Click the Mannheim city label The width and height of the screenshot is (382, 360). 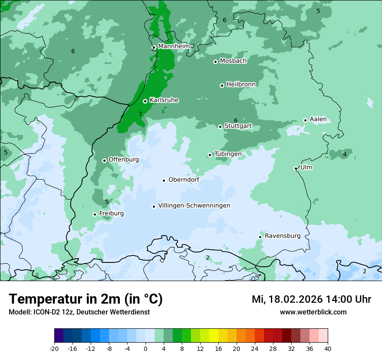pyautogui.click(x=174, y=46)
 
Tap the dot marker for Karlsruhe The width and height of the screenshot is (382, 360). pyautogui.click(x=145, y=101)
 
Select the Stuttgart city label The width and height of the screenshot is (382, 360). pyautogui.click(x=238, y=126)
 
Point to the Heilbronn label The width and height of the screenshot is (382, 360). pyautogui.click(x=241, y=85)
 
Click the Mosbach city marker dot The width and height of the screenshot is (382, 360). pyautogui.click(x=215, y=62)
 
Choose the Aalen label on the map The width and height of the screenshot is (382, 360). pyautogui.click(x=318, y=119)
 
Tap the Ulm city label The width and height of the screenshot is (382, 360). pyautogui.click(x=306, y=167)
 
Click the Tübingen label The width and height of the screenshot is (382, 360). pyautogui.click(x=228, y=154)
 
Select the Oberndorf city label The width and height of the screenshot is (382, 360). pyautogui.click(x=184, y=180)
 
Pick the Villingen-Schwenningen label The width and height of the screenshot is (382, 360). pyautogui.click(x=194, y=206)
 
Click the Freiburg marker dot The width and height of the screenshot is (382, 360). pyautogui.click(x=95, y=214)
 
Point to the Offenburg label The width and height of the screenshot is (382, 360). pyautogui.click(x=124, y=160)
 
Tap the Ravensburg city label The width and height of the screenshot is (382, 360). pyautogui.click(x=283, y=236)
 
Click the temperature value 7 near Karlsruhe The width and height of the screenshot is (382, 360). pyautogui.click(x=140, y=114)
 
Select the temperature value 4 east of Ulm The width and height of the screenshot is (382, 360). pyautogui.click(x=345, y=154)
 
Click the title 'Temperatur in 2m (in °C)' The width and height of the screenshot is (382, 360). pyautogui.click(x=86, y=299)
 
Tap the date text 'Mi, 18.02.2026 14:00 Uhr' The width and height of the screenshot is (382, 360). pyautogui.click(x=311, y=299)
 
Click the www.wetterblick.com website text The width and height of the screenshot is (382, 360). pyautogui.click(x=313, y=312)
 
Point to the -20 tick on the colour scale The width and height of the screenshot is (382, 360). pyautogui.click(x=54, y=349)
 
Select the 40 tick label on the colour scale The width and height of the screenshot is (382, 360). pyautogui.click(x=328, y=349)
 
